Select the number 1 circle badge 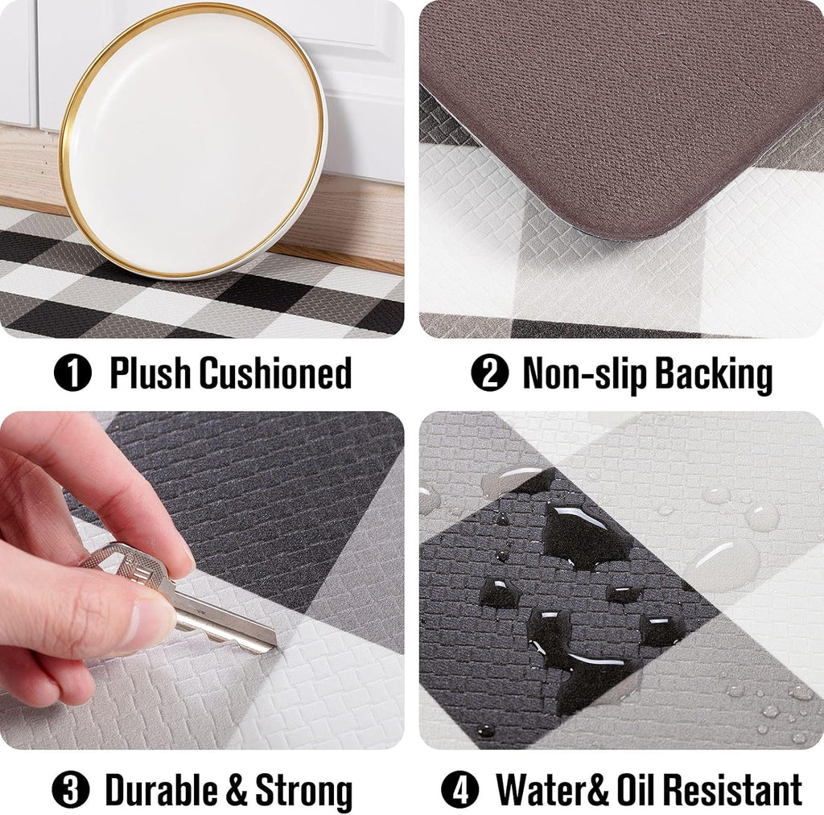(x=73, y=375)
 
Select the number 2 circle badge (x=489, y=375)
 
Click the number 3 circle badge (x=70, y=792)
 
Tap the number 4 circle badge (x=459, y=792)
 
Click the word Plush (x=150, y=374)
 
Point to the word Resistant (x=724, y=791)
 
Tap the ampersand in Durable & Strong (x=235, y=792)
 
